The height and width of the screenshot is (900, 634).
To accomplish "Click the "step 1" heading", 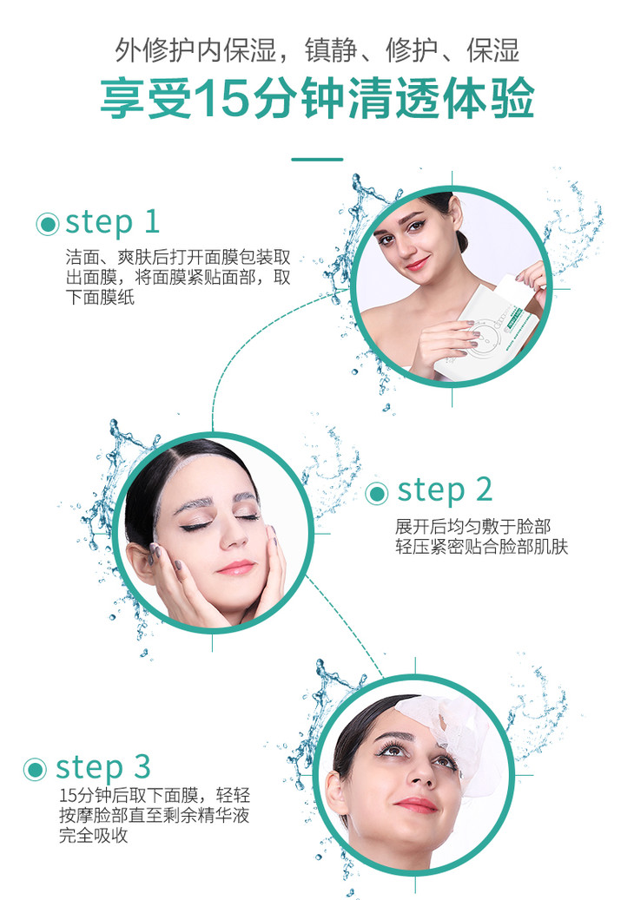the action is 113,223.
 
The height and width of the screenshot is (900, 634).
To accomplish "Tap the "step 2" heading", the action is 445,490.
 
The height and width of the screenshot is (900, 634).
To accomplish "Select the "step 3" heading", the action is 102,767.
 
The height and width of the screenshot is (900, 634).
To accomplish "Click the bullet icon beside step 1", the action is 48,224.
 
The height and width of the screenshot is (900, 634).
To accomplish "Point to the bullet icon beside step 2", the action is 377,493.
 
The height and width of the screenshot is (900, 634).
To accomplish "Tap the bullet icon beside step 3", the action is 35,769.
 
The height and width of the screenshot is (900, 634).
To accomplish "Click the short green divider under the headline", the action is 317,160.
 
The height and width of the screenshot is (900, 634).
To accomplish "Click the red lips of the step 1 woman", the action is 418,264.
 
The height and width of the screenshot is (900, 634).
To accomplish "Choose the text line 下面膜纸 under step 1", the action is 100,298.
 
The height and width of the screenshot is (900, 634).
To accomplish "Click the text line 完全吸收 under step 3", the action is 93,835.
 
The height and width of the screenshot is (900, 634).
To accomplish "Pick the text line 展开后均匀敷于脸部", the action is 472,526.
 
